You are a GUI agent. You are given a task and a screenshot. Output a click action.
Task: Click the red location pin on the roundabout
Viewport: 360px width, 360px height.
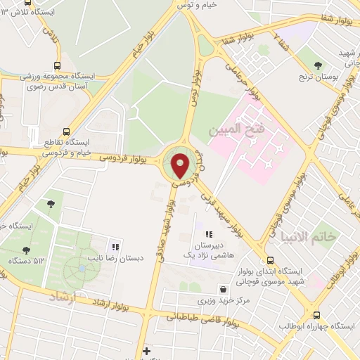pos(181,165)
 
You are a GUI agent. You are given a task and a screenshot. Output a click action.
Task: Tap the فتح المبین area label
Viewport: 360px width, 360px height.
pos(235,129)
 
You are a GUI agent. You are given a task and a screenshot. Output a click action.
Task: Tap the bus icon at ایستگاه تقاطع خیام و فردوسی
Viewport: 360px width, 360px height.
pos(66,131)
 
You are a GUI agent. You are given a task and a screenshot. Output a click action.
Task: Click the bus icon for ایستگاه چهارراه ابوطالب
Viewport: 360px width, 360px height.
pos(316,316)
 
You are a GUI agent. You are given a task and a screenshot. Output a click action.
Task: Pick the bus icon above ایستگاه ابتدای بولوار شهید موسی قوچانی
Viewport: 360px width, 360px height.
pos(270,259)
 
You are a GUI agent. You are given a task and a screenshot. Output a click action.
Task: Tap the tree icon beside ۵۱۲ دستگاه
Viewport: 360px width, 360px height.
pos(26,250)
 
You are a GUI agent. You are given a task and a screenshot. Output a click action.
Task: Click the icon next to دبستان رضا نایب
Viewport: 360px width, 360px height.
pos(115,247)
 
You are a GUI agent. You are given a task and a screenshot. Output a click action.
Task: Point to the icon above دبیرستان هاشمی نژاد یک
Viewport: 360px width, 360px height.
pos(208,234)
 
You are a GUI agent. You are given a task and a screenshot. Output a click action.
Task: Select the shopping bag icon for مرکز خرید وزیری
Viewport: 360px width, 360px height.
pos(223,288)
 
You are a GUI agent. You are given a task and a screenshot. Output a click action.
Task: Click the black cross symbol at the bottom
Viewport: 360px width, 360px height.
pos(146,350)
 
